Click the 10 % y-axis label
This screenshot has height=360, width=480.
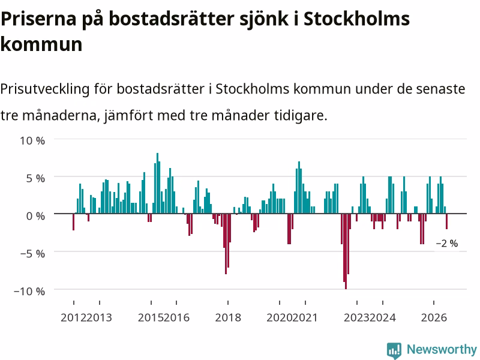[32, 141]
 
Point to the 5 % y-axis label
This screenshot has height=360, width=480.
[35, 178]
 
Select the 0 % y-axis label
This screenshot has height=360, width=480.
[35, 216]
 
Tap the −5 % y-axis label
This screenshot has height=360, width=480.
[32, 254]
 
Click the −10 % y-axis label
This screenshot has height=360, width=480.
[29, 291]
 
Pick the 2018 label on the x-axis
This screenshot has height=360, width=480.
[228, 317]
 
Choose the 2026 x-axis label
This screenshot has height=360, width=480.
[434, 317]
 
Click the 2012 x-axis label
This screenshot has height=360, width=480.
[73, 317]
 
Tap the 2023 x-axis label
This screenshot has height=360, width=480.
[356, 317]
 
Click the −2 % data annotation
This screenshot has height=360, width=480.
[447, 244]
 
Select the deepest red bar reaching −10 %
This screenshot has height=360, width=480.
[346, 251]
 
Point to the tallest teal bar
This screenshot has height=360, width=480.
[157, 184]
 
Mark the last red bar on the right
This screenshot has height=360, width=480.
[446, 221]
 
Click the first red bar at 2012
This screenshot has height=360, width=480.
[73, 222]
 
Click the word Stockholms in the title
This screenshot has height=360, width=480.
[356, 19]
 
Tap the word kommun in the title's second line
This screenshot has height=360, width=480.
[41, 44]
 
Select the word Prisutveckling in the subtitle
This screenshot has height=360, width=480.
[45, 89]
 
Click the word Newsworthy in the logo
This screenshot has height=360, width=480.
[442, 349]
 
